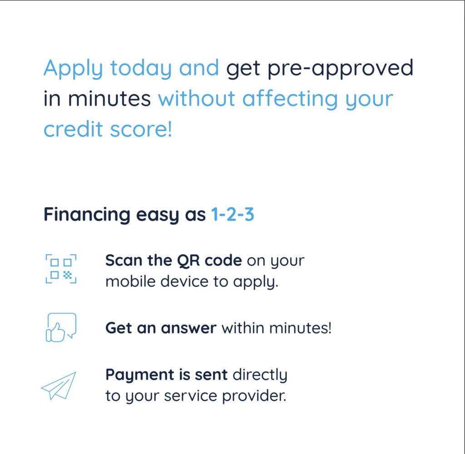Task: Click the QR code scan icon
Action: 61,269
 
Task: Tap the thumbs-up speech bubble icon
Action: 61,327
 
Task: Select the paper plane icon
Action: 59,386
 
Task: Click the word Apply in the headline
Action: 73,69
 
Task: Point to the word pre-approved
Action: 340,69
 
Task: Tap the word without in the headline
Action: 197,99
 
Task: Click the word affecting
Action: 290,99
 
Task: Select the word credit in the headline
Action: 73,129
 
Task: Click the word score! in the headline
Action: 141,129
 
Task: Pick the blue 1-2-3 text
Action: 232,214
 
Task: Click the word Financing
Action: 87,215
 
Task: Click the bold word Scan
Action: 124,260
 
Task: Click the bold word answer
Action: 188,328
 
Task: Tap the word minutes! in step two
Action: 301,328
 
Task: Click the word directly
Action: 260,375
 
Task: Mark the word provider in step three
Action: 254,396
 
